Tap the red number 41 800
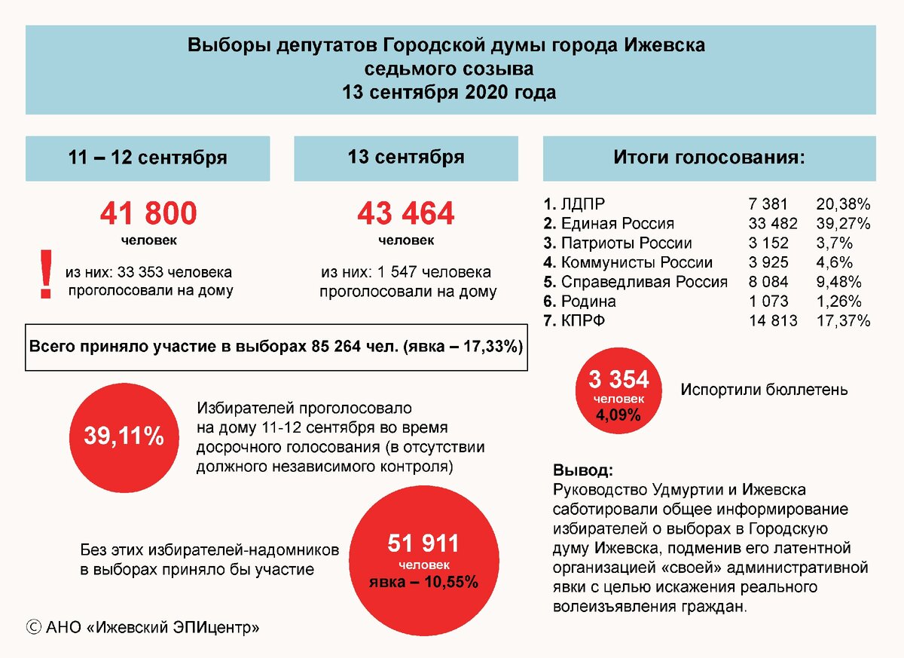pos(148,214)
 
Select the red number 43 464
pos(405,214)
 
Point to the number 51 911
pos(423,542)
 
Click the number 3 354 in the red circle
pos(618,379)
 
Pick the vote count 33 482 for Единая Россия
pos(768,223)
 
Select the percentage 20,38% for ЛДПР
pos(843,204)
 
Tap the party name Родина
pos(588,301)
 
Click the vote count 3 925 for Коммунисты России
pos(768,262)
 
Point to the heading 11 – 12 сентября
pos(148,158)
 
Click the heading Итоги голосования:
pos(709,158)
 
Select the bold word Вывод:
pos(583,470)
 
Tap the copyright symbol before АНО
pos(33,626)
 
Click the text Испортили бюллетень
pos(764,390)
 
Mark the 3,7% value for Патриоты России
pos(834,243)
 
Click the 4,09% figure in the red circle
pos(618,415)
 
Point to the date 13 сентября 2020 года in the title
pos(450,93)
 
